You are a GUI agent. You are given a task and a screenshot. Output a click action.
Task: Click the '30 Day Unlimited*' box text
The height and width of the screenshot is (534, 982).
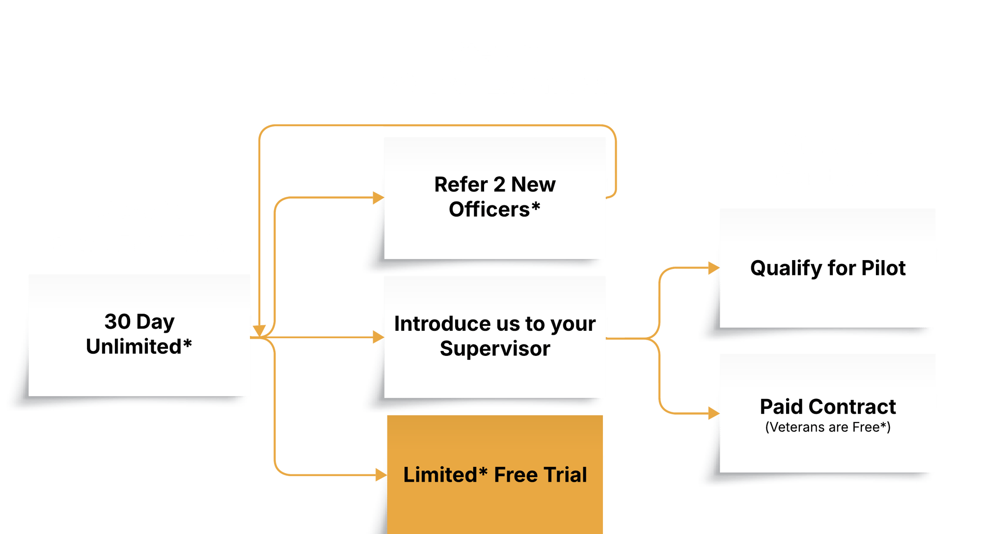tap(139, 334)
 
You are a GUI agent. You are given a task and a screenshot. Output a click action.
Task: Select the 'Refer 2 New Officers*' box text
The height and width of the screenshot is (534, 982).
tap(495, 197)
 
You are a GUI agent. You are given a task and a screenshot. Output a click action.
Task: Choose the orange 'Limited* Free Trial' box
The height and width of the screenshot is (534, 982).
tap(495, 475)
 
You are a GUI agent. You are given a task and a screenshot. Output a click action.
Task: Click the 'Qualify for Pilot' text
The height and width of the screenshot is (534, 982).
tap(828, 268)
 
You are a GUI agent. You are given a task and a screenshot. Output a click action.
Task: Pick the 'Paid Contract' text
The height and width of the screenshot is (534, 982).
tap(828, 406)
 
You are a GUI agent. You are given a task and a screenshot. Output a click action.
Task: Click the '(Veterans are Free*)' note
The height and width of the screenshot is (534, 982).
tap(828, 427)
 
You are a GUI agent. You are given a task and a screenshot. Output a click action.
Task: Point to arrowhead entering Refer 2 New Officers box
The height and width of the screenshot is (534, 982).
tap(378, 198)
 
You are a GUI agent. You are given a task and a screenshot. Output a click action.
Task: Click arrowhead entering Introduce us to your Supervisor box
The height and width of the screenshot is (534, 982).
tap(378, 337)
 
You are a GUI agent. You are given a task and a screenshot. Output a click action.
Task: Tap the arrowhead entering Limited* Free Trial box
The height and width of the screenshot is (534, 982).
tap(381, 475)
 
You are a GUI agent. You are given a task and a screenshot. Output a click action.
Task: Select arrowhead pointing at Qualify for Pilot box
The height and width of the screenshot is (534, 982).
tap(713, 268)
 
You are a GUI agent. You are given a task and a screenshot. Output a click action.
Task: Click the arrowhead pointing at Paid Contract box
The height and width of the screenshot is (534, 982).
tap(713, 413)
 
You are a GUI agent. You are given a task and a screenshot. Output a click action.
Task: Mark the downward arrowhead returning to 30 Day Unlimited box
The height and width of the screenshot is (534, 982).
tap(259, 330)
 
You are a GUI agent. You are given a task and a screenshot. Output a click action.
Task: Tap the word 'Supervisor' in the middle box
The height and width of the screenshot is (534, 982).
tap(495, 348)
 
